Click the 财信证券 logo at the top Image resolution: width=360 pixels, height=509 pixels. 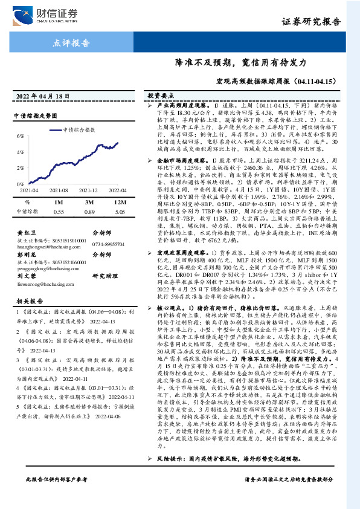tap(52, 14)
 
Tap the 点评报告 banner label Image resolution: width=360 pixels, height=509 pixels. tap(72, 44)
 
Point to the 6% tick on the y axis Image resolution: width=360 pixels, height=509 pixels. tap(21, 137)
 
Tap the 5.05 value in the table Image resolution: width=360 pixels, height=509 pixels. tap(120, 195)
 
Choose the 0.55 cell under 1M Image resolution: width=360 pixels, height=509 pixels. tap(59, 195)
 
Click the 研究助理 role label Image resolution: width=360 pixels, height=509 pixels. tap(103, 276)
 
